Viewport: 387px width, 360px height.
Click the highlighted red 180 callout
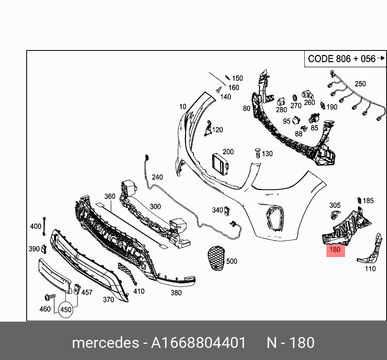coord(335,250)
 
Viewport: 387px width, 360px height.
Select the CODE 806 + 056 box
coord(341,59)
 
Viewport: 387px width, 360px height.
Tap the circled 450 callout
coord(65,310)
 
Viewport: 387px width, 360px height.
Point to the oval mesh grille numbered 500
coord(215,258)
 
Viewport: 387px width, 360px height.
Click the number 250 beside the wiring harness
coord(360,84)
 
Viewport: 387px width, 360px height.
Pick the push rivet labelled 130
coord(257,153)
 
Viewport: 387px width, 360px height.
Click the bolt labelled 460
coord(50,297)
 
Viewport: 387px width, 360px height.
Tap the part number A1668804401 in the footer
coord(198,343)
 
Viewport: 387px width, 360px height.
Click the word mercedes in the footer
coord(105,343)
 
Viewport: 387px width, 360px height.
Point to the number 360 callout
coord(110,197)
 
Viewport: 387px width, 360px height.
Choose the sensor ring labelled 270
coord(295,97)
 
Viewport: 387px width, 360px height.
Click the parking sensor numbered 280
coord(282,100)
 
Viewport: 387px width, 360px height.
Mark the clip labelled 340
coord(227,210)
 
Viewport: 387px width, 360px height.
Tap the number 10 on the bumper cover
coord(183,107)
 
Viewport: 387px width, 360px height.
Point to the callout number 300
coord(155,207)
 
